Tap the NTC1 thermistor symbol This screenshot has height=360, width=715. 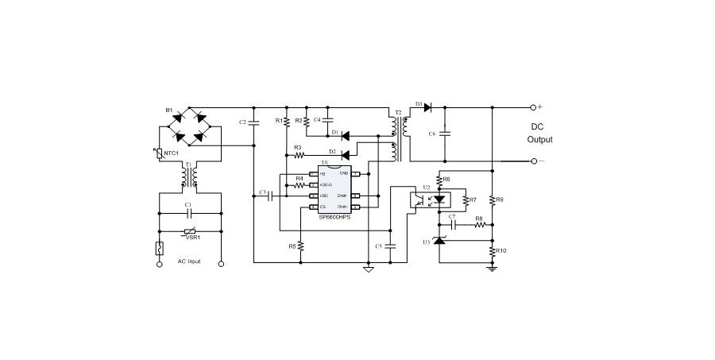click(x=160, y=153)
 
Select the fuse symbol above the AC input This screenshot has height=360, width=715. click(x=160, y=248)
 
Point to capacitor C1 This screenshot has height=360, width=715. click(x=189, y=214)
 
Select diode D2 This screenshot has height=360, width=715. click(x=346, y=153)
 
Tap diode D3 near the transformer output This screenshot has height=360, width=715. click(x=427, y=107)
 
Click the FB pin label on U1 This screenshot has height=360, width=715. click(x=323, y=173)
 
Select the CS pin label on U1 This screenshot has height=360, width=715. click(x=323, y=207)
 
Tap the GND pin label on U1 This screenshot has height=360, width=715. click(x=344, y=172)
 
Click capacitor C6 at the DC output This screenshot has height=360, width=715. click(x=445, y=134)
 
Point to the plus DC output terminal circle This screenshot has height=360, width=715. click(x=534, y=107)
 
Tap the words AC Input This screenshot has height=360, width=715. click(x=189, y=261)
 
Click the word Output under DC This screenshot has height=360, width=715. click(x=539, y=139)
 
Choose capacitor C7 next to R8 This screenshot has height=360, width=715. click(x=450, y=225)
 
